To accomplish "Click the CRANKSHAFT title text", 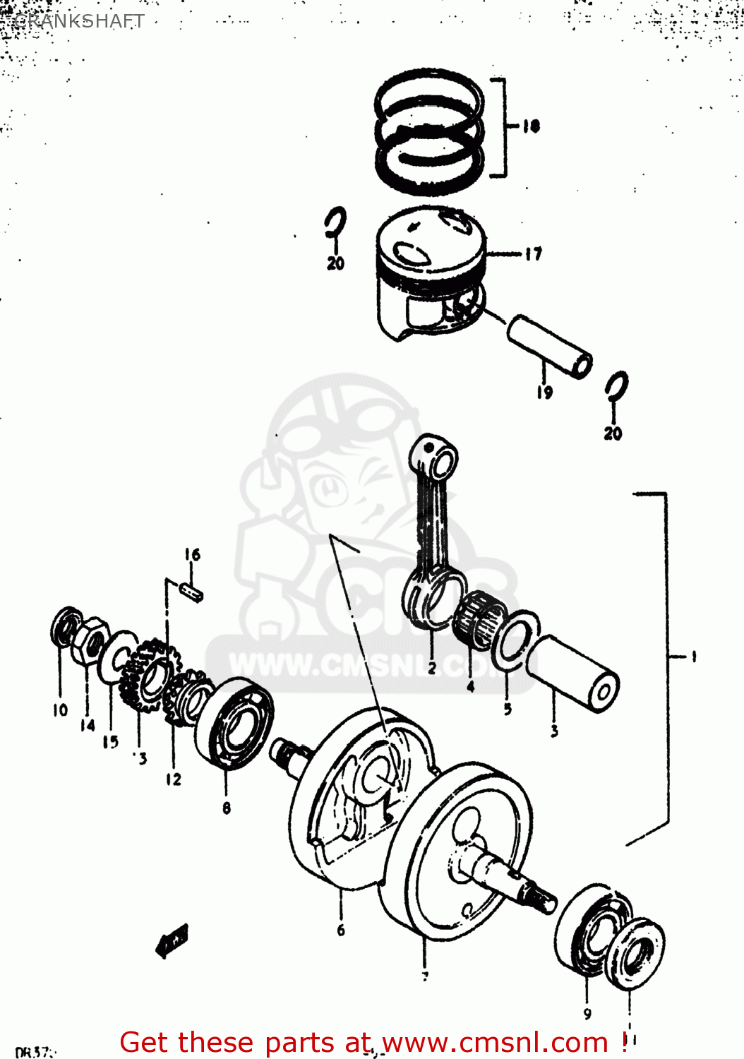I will coord(79,21).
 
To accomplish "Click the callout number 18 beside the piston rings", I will coord(532,126).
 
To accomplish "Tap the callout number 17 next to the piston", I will coord(534,253).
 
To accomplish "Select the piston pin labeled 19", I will coord(550,346).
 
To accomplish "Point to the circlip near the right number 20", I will coord(616,388).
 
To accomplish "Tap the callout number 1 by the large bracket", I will coord(693,657).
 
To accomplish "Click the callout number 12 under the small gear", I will coord(174,779).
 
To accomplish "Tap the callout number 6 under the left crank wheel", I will coord(341,930).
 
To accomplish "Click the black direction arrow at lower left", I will coord(172,941).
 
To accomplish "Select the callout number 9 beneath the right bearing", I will coord(587,1014).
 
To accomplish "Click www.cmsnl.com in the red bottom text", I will coord(494,1042).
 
